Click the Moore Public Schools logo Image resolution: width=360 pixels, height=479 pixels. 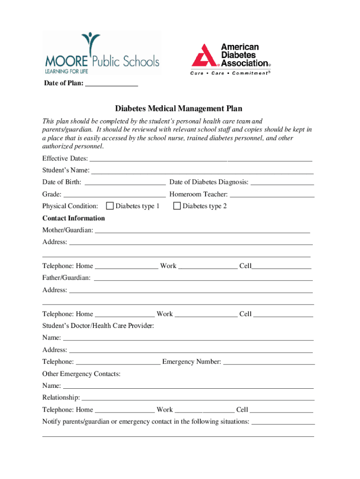coord(101,53)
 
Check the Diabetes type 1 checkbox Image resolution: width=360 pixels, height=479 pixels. coord(110,206)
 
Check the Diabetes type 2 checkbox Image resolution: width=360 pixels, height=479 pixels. coord(177,206)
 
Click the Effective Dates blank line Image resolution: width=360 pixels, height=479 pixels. coord(201,160)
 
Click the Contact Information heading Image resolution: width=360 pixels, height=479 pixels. coord(73,218)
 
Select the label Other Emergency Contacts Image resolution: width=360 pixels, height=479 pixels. coord(81,374)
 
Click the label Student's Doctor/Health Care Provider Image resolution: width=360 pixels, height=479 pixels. coord(98,326)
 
